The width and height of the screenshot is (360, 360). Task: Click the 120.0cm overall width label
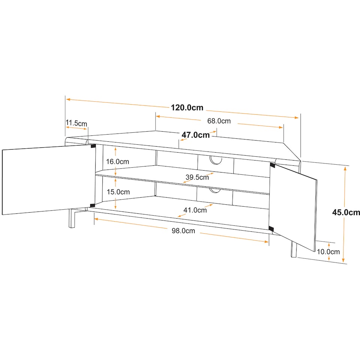click(x=187, y=108)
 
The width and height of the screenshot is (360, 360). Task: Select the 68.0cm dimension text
click(x=219, y=121)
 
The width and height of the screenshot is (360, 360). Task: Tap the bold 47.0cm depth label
click(x=196, y=135)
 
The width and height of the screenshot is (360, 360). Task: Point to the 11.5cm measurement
click(x=76, y=123)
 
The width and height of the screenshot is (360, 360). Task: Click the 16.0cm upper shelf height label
click(x=117, y=161)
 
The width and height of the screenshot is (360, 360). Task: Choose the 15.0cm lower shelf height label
click(x=118, y=192)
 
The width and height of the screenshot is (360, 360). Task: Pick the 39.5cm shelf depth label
click(x=197, y=177)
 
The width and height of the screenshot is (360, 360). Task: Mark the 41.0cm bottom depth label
click(x=195, y=210)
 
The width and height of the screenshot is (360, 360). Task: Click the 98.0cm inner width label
click(x=183, y=231)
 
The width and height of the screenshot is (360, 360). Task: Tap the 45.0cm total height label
click(x=346, y=212)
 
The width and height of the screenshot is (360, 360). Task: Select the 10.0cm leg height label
click(x=328, y=252)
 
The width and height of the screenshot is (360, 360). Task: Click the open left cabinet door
click(x=48, y=180)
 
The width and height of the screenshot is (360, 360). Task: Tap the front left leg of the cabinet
click(x=72, y=218)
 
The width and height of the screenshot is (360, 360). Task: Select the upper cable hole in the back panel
click(x=216, y=161)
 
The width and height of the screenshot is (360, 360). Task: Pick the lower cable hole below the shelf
click(x=215, y=190)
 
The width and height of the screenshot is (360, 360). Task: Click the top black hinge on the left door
click(x=93, y=146)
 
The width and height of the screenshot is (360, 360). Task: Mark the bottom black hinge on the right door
click(x=271, y=229)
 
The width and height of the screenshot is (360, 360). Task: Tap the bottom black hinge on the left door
click(x=93, y=205)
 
